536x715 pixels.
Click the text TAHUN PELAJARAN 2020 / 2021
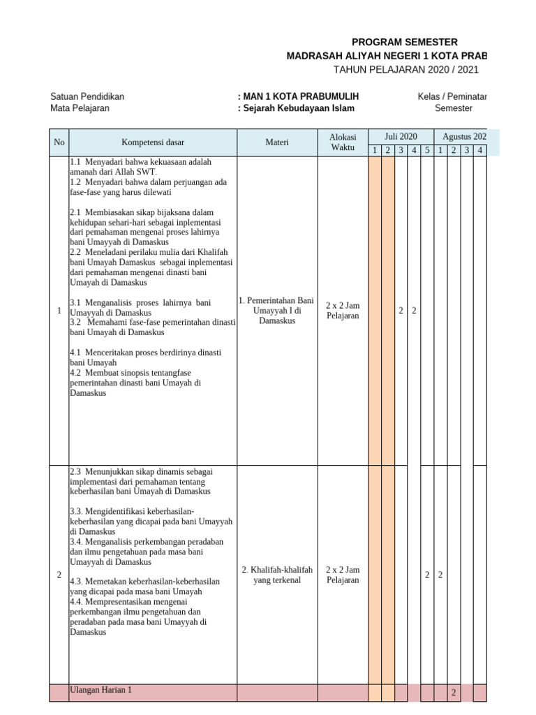[x=406, y=69]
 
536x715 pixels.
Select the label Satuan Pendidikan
[x=87, y=96]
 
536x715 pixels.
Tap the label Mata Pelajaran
[x=80, y=108]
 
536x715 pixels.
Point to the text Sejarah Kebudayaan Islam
[x=298, y=108]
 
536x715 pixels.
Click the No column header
[x=59, y=142]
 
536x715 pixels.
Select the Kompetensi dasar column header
[x=153, y=142]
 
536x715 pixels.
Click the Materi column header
[x=277, y=142]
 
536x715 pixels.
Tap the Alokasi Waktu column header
[x=343, y=142]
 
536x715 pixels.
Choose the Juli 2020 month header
[x=401, y=136]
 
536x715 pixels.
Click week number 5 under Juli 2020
[x=427, y=150]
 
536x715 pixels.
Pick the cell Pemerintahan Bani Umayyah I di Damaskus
[x=277, y=311]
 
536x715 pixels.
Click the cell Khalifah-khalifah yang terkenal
[x=277, y=575]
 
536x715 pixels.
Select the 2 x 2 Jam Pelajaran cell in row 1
[x=343, y=311]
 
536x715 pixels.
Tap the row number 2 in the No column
[x=59, y=575]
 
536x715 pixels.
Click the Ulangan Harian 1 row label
[x=101, y=690]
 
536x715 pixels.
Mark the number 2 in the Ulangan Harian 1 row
[x=453, y=693]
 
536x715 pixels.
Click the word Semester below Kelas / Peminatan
[x=454, y=108]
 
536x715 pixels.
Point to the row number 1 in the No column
[x=59, y=311]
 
